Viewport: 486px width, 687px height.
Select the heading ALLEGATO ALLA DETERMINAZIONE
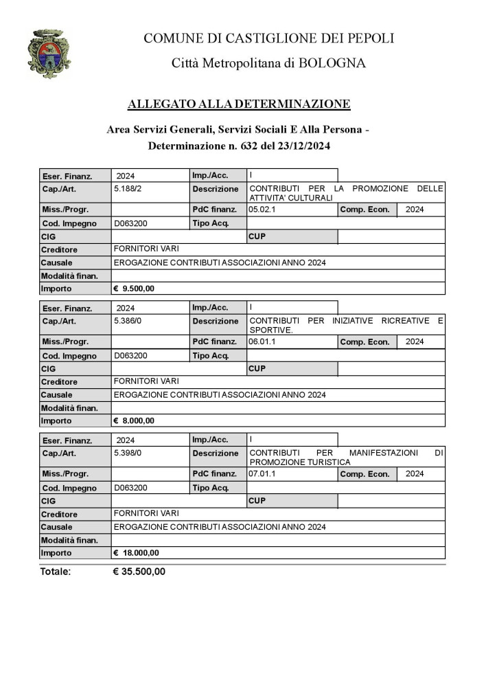pyautogui.click(x=239, y=104)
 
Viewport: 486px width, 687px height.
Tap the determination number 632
pyautogui.click(x=250, y=146)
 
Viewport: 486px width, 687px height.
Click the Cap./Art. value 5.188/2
pyautogui.click(x=128, y=188)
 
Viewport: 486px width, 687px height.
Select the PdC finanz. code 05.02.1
pyautogui.click(x=262, y=209)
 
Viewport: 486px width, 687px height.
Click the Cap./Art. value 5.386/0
pyautogui.click(x=128, y=320)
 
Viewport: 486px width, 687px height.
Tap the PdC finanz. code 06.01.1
pyautogui.click(x=262, y=341)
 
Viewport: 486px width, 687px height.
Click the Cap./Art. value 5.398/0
pyautogui.click(x=128, y=453)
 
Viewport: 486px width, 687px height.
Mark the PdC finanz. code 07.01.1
pyautogui.click(x=262, y=473)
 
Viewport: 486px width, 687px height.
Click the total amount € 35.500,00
pyautogui.click(x=139, y=572)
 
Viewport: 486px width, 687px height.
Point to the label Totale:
pyautogui.click(x=56, y=572)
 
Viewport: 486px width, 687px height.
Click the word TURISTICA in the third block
pyautogui.click(x=325, y=462)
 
